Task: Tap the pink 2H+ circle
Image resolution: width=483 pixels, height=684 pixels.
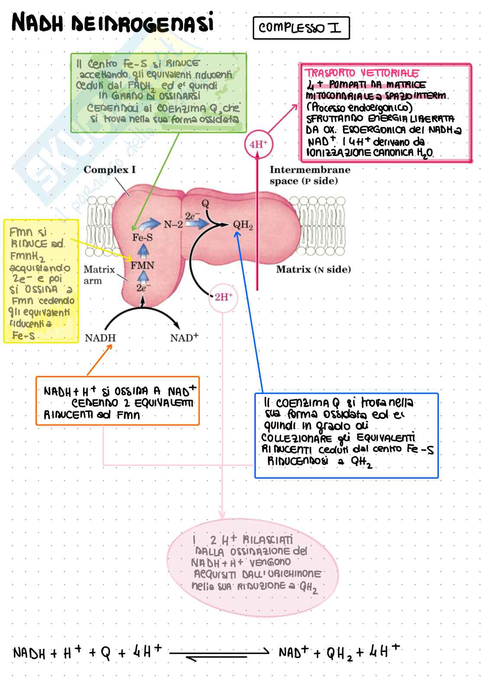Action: pyautogui.click(x=223, y=297)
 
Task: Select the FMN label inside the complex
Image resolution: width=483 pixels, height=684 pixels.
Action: pyautogui.click(x=142, y=265)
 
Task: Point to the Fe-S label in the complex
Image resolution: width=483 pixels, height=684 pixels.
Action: pyautogui.click(x=142, y=237)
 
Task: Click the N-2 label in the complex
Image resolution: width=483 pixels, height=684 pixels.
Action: pyautogui.click(x=173, y=224)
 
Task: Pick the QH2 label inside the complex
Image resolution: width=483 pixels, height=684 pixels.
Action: pyautogui.click(x=243, y=225)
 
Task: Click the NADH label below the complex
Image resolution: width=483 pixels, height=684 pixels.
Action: pyautogui.click(x=100, y=338)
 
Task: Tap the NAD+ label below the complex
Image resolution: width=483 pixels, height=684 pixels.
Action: pyautogui.click(x=184, y=338)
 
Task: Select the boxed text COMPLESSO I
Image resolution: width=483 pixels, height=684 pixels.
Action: pyautogui.click(x=300, y=28)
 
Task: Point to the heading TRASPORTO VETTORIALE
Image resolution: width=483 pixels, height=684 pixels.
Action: pyautogui.click(x=362, y=73)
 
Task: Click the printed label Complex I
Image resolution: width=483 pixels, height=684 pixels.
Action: pyautogui.click(x=109, y=170)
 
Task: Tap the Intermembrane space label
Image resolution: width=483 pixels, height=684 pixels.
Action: pyautogui.click(x=309, y=175)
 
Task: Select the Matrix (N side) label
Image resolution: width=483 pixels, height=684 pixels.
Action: pyautogui.click(x=313, y=269)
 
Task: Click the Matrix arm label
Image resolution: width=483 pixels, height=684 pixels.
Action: pyautogui.click(x=99, y=275)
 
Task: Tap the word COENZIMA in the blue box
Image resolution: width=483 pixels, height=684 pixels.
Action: pyautogui.click(x=303, y=403)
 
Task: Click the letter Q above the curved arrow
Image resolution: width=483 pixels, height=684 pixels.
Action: pyautogui.click(x=206, y=203)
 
